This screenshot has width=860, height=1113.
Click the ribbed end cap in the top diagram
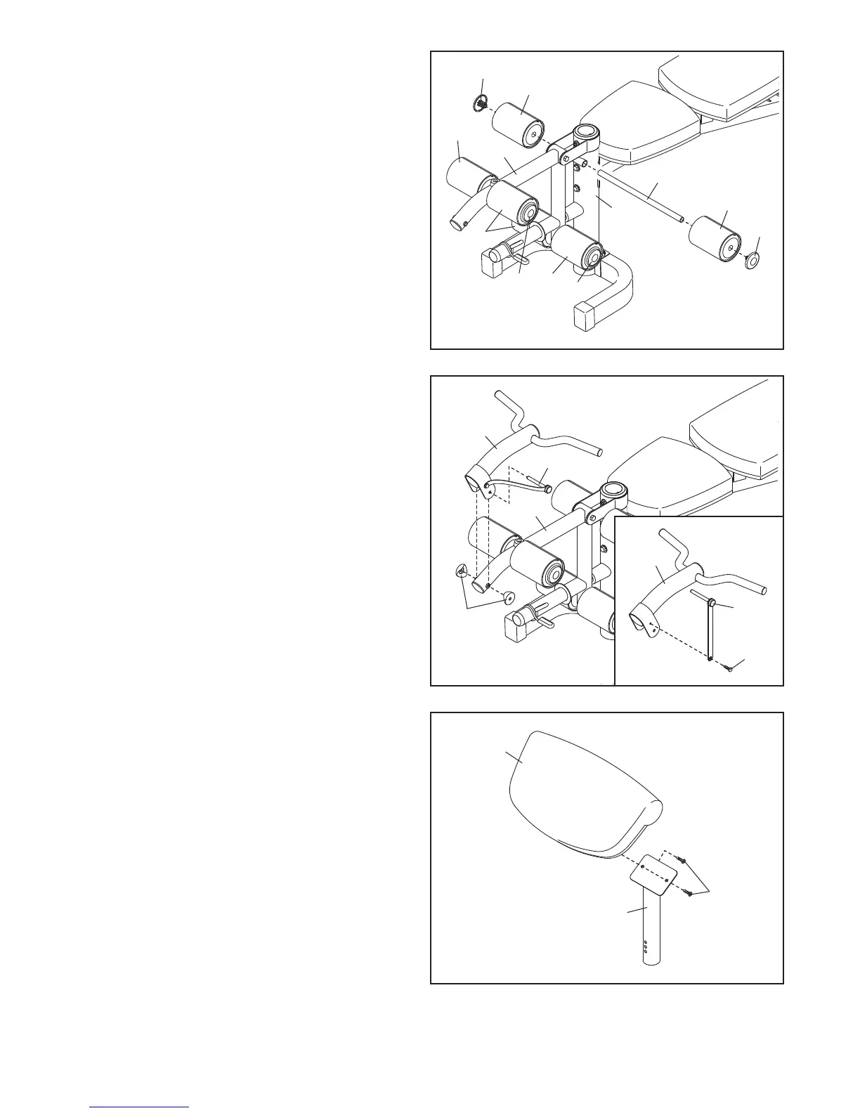[481, 104]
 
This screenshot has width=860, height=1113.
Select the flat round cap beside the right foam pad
[752, 261]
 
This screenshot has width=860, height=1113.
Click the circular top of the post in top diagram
[585, 131]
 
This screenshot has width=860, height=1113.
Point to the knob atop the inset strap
[712, 604]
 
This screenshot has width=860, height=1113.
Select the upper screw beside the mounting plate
[682, 861]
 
